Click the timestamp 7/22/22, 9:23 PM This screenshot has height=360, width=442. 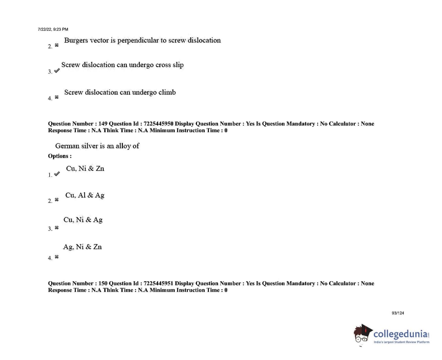[53, 29]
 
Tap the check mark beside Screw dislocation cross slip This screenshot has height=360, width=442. [57, 71]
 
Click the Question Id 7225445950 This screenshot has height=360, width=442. [158, 124]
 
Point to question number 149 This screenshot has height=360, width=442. [103, 124]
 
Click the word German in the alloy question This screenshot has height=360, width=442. [67, 146]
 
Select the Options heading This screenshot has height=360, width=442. [60, 156]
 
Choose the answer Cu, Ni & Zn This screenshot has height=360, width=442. [85, 168]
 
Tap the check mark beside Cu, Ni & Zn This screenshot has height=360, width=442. [57, 174]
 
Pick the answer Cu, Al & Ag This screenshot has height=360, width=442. [85, 195]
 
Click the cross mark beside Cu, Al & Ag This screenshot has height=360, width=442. [57, 200]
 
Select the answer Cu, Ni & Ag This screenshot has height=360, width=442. [83, 220]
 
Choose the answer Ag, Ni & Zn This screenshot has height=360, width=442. [82, 247]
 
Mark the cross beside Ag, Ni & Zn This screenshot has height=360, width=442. [57, 257]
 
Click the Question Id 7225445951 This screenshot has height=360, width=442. [158, 283]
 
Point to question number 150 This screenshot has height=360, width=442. [103, 283]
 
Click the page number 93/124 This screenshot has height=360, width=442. [398, 313]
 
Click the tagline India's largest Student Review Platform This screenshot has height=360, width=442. [401, 342]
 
